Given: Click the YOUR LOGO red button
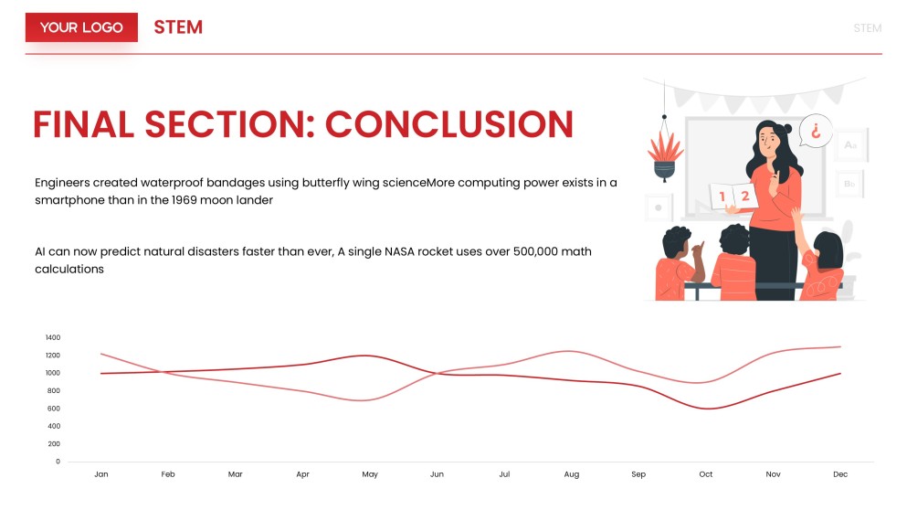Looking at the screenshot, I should point(81,27).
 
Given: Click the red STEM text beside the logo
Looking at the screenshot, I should point(178,27).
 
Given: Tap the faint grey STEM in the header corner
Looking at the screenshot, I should point(867,28).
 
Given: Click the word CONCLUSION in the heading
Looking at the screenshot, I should point(449,124).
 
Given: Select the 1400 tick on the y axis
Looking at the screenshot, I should point(52,337).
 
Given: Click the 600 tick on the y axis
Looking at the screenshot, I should point(53,409).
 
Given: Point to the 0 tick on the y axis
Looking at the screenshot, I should point(58,462).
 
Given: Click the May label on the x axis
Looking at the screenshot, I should point(370,474).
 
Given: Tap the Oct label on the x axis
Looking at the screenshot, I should point(706,474).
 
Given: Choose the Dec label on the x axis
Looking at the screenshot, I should point(840,474).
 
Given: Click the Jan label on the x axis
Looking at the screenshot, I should point(101,474).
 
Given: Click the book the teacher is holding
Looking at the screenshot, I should point(733,195).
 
